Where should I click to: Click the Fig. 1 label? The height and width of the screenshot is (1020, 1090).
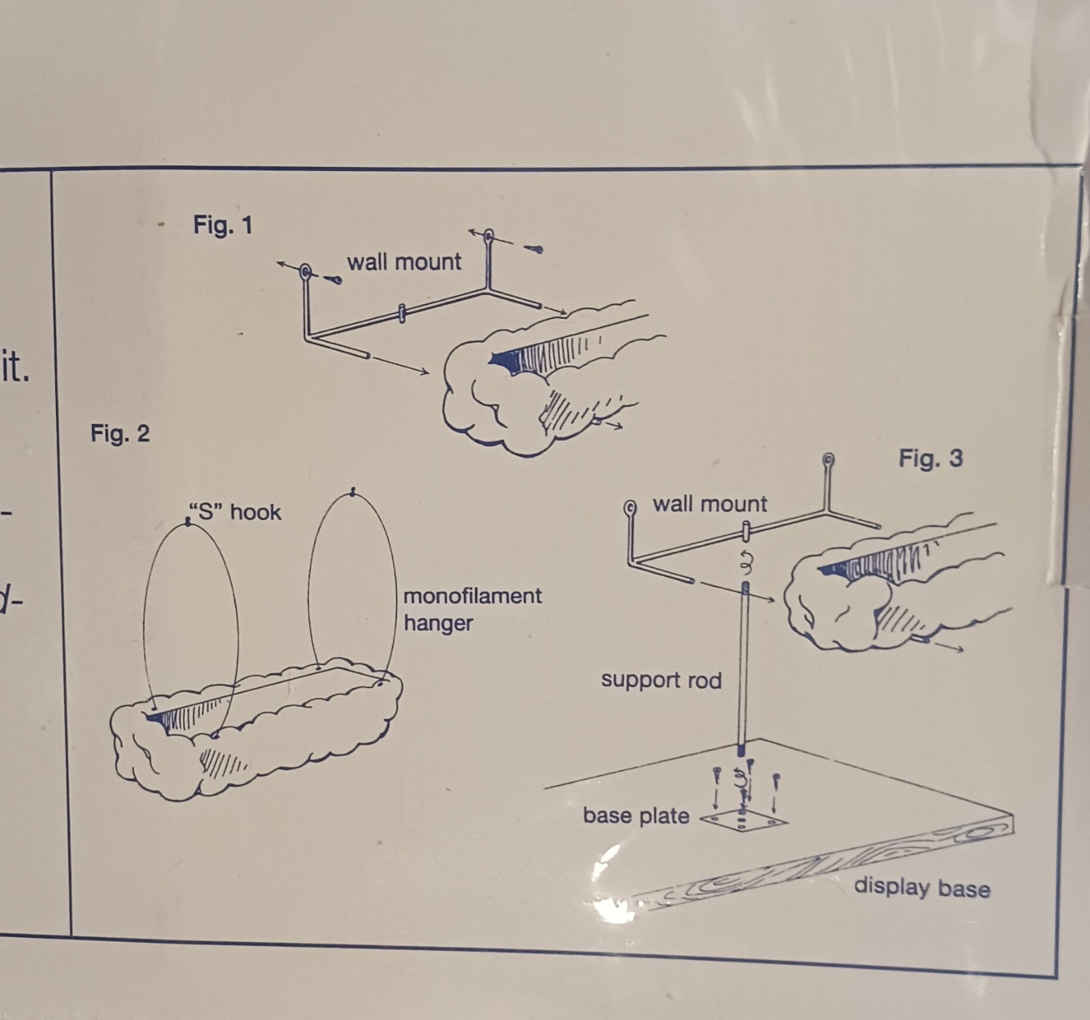tap(223, 224)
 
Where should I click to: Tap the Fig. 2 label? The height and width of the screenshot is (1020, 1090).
tap(120, 433)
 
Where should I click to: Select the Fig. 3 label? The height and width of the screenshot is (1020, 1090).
tap(931, 458)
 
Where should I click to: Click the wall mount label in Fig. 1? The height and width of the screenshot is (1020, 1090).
tap(404, 262)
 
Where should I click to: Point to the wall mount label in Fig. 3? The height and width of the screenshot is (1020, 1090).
tap(710, 504)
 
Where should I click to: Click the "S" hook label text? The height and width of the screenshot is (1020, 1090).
tap(234, 512)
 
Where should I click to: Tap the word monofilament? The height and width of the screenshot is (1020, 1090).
tap(472, 596)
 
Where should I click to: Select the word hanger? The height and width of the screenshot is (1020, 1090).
tap(438, 623)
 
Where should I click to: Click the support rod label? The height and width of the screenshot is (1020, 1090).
tap(661, 680)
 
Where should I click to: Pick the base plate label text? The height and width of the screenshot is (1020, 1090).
tap(636, 816)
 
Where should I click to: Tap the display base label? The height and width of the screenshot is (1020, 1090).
tap(922, 887)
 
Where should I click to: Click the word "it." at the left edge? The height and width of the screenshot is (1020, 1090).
tap(15, 368)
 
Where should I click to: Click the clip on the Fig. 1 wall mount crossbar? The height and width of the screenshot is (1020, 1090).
tap(402, 313)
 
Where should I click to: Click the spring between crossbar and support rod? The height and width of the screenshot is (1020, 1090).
tap(745, 563)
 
